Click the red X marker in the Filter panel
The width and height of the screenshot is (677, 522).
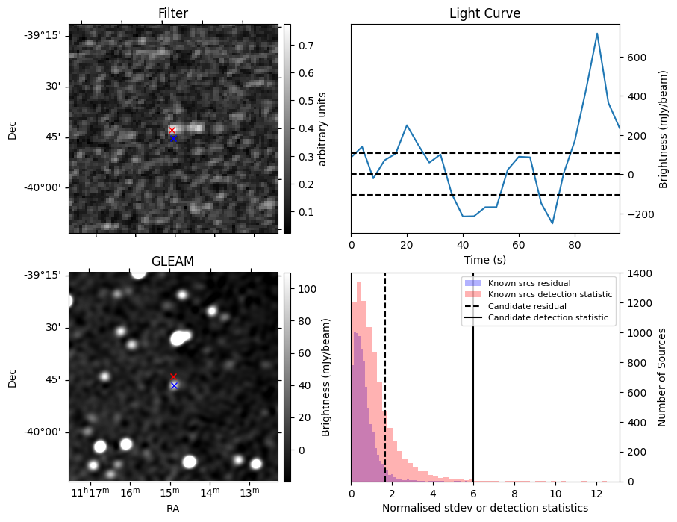(172, 130)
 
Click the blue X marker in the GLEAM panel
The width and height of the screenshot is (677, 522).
(174, 385)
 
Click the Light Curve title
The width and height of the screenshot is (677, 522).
(484, 13)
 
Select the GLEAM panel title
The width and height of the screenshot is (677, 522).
(172, 261)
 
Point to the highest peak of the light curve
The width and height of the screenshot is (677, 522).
(597, 34)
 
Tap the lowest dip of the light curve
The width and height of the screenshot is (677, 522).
(552, 223)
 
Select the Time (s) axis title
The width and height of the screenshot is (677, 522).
(484, 258)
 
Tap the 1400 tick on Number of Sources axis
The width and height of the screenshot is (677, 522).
(640, 273)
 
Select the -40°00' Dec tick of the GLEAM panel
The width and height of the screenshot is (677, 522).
(42, 432)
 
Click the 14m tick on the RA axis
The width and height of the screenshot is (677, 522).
(210, 494)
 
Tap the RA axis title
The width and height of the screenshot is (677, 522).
(172, 509)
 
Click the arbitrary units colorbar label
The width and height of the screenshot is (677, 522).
(323, 128)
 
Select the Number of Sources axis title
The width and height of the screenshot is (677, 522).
(662, 377)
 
